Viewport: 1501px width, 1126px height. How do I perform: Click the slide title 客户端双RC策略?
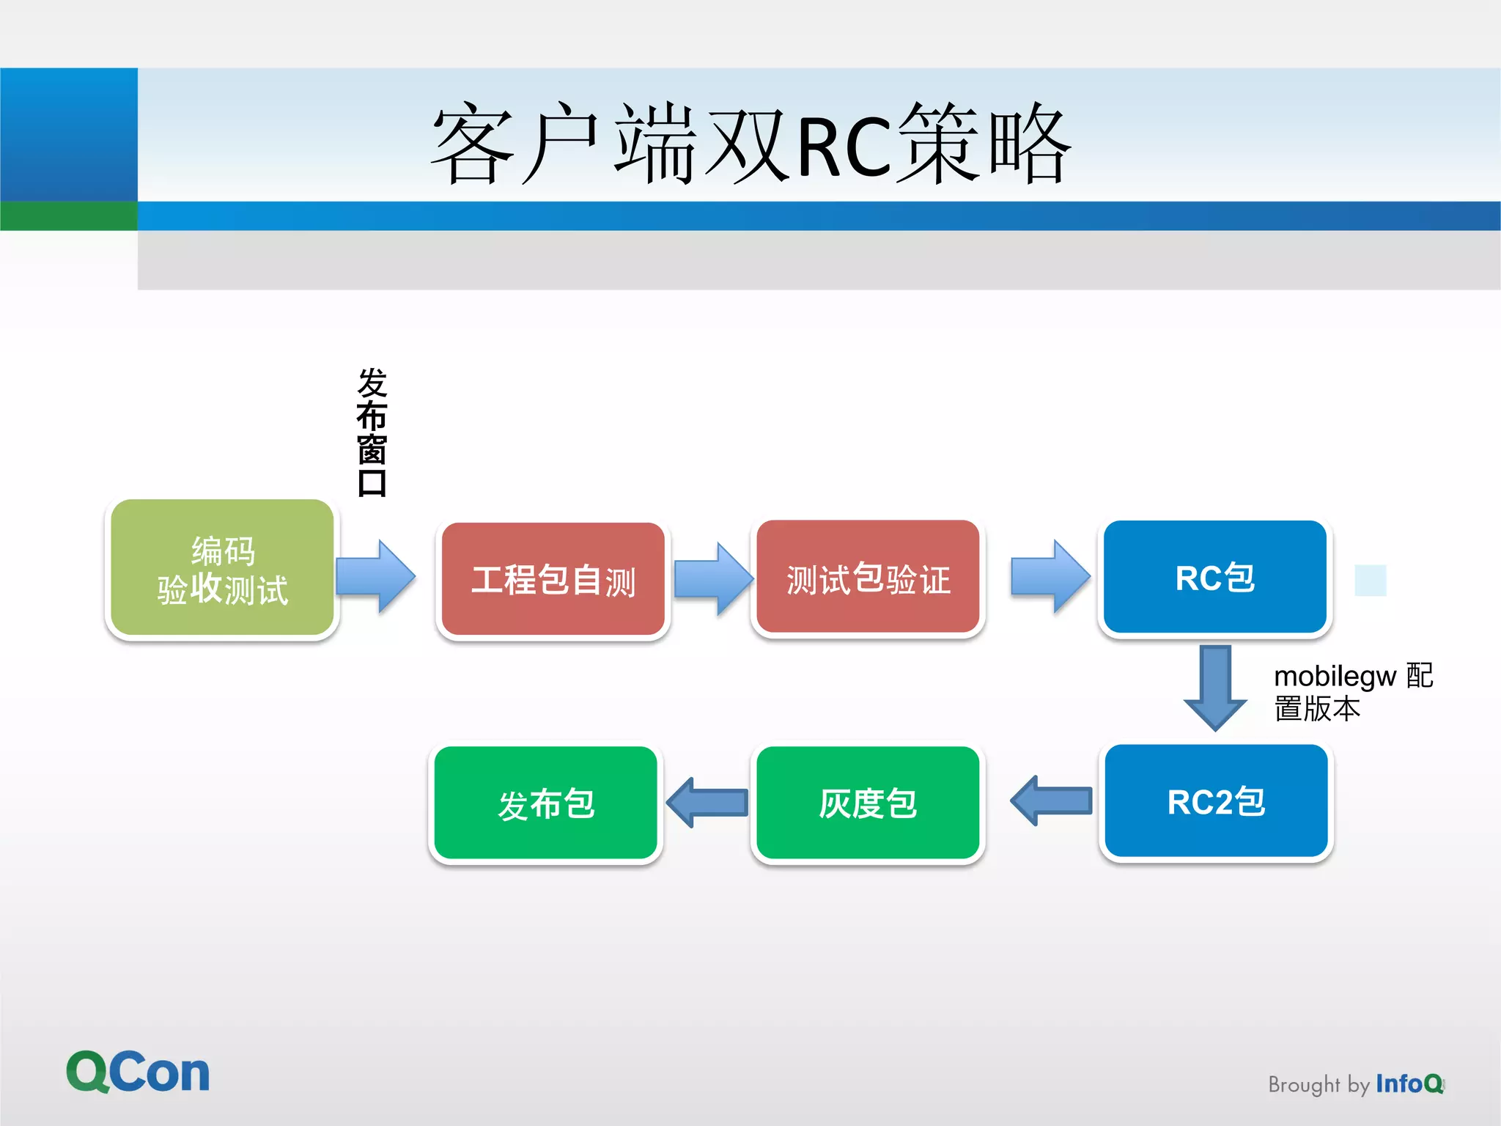[x=750, y=143]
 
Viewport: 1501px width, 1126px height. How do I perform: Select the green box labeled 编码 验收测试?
[x=222, y=569]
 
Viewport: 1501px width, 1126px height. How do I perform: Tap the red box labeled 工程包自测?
[x=553, y=579]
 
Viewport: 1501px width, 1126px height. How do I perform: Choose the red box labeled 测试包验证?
[x=868, y=578]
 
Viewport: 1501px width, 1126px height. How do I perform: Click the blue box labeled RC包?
[x=1215, y=577]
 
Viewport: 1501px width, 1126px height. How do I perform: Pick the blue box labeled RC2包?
[x=1216, y=801]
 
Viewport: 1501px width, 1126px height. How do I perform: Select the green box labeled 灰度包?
[x=868, y=803]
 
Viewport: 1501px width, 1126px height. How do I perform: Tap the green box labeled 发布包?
[x=546, y=803]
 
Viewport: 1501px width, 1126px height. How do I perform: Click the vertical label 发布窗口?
[x=372, y=433]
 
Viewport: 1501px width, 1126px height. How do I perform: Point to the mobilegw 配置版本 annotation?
[x=1352, y=691]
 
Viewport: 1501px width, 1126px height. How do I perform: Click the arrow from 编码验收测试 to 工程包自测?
[x=376, y=576]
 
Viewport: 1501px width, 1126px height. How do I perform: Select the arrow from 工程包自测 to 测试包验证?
[x=713, y=578]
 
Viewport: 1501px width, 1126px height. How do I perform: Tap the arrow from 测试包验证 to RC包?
[x=1050, y=576]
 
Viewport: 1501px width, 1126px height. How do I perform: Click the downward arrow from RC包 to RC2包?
[x=1215, y=687]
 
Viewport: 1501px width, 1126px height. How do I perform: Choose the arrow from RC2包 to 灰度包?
[x=1051, y=801]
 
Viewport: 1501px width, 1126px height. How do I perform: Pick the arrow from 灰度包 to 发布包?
[x=707, y=803]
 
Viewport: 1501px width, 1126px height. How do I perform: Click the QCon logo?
[x=138, y=1072]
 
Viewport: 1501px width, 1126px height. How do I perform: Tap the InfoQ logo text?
[x=1409, y=1083]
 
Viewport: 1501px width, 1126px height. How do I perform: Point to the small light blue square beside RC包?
[x=1370, y=581]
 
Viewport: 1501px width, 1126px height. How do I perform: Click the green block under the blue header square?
[x=68, y=216]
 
